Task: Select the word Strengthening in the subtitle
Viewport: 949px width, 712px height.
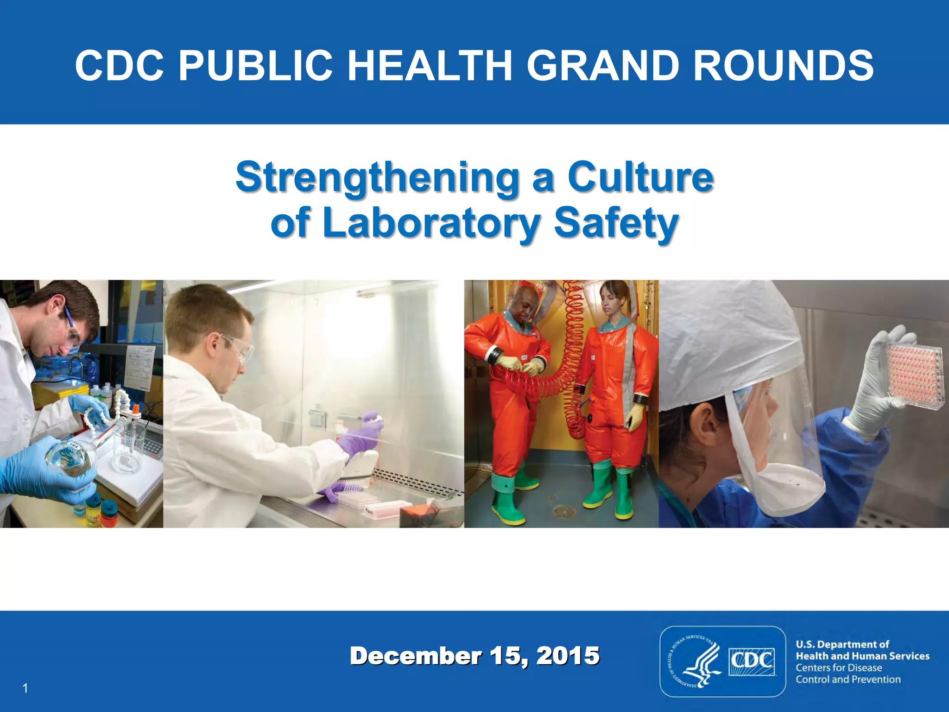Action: click(x=377, y=178)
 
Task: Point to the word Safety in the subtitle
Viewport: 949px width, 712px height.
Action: click(x=616, y=223)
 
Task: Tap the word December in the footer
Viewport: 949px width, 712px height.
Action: click(x=416, y=656)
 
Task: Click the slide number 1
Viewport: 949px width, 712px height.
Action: click(x=25, y=688)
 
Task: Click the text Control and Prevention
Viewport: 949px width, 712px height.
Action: click(x=848, y=680)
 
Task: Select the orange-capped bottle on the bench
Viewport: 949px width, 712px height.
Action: click(x=136, y=410)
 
